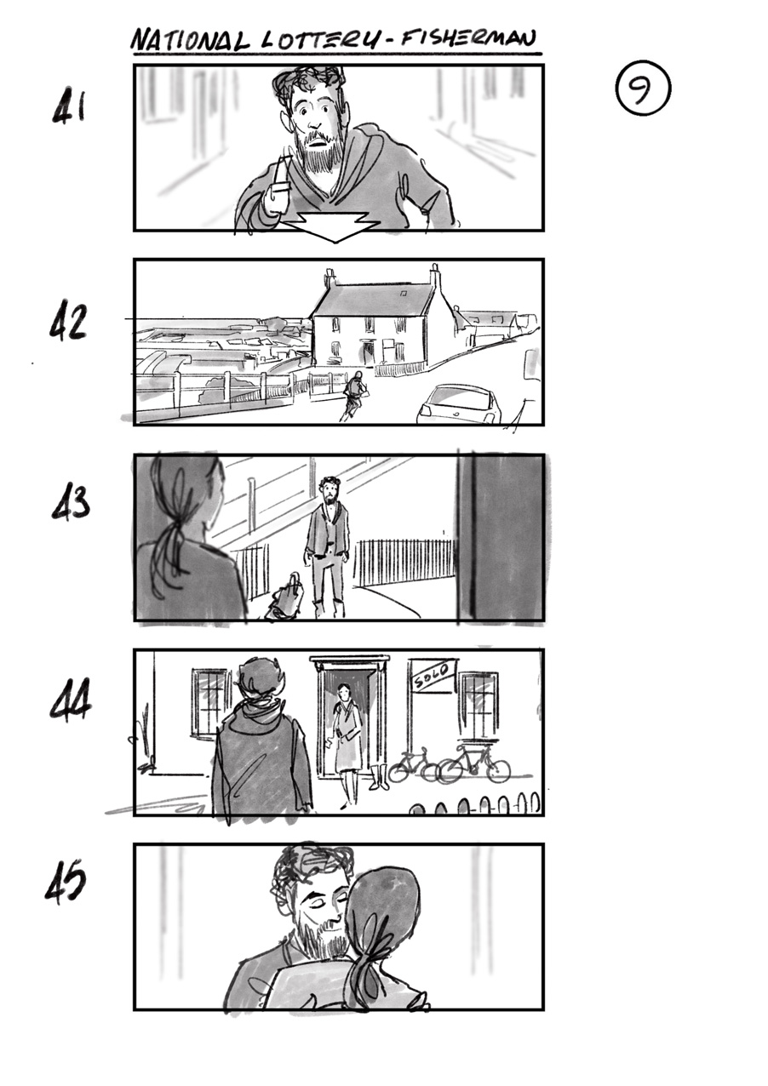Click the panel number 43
70,504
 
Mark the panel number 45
66,883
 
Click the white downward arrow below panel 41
332,226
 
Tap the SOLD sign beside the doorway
433,675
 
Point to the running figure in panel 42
354,396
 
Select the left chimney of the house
330,278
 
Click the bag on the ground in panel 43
284,598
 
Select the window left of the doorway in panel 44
210,702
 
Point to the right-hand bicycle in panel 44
474,764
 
